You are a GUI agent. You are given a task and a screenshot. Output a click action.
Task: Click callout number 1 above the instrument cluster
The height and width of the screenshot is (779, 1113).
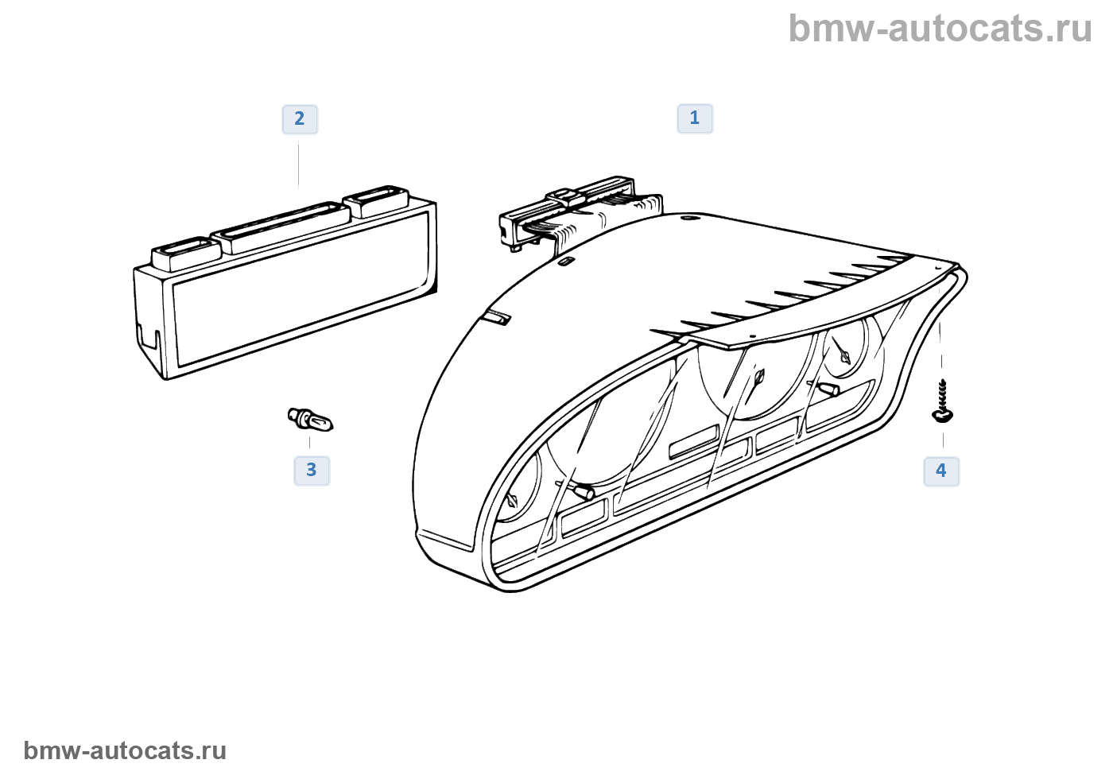click(x=695, y=118)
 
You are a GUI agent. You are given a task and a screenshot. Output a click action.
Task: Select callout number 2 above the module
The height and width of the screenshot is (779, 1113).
click(x=300, y=119)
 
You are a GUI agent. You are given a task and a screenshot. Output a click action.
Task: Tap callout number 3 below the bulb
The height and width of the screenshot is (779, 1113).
click(x=312, y=471)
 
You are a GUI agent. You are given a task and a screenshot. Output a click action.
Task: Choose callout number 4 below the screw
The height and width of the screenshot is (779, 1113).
click(x=941, y=471)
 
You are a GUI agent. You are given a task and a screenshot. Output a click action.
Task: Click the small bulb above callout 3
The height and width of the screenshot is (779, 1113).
click(x=310, y=419)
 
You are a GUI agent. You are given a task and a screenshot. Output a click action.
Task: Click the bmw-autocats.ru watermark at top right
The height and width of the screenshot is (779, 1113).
click(x=940, y=29)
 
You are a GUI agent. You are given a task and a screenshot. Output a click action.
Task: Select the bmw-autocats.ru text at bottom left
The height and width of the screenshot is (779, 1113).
click(x=125, y=750)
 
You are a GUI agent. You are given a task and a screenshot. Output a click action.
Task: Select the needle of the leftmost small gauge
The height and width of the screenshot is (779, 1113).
click(x=510, y=501)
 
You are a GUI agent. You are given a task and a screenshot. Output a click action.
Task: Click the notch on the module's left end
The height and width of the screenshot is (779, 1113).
click(x=147, y=337)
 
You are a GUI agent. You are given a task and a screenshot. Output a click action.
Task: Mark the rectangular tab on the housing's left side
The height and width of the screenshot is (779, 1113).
click(x=496, y=319)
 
